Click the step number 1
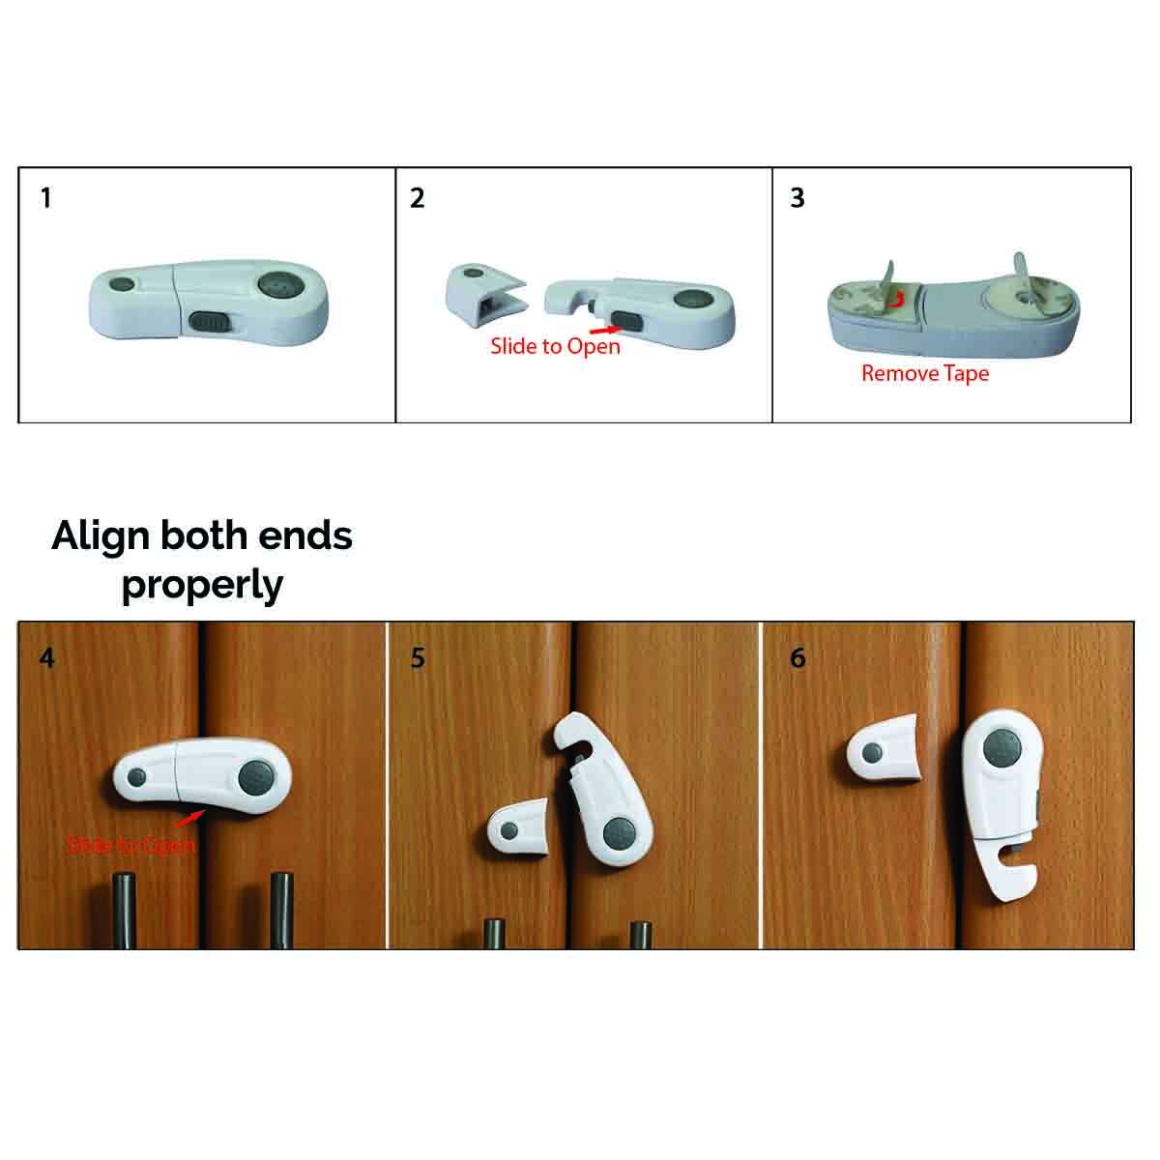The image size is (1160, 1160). point(45,198)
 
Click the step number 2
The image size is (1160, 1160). point(418,198)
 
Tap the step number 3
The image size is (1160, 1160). point(797,198)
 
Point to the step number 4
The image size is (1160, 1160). point(47,658)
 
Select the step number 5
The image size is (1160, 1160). point(418,658)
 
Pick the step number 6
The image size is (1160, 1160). point(797,658)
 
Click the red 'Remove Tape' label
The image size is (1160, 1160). point(925,374)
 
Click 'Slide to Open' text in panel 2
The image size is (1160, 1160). point(555,347)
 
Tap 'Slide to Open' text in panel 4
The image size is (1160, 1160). point(130,845)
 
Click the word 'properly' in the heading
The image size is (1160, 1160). point(202,585)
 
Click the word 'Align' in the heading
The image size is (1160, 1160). point(101,536)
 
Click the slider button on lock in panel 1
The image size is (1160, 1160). point(210,321)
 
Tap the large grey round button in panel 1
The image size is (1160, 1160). point(281,285)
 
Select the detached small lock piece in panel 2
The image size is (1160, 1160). point(486,295)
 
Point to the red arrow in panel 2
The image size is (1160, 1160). point(605,330)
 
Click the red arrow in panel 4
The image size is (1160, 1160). point(189,820)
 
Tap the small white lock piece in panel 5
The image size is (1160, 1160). point(518,827)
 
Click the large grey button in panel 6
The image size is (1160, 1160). point(1001,747)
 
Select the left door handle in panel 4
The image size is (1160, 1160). point(125,911)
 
